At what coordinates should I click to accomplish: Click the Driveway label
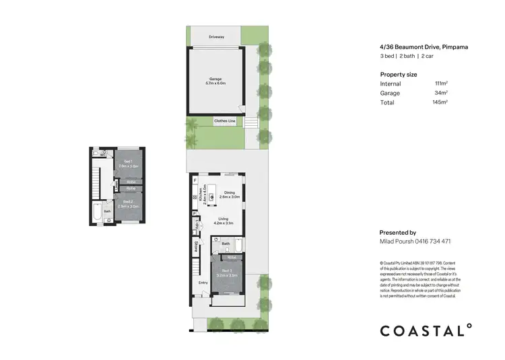tap(216, 36)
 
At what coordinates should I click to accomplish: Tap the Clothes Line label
tap(224, 121)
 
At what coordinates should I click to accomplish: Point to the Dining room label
tap(230, 194)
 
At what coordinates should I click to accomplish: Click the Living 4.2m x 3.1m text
tap(222, 220)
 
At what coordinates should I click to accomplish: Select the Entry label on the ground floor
tap(203, 283)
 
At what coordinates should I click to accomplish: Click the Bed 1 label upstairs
tap(127, 164)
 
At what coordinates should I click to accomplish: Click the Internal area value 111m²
tap(441, 83)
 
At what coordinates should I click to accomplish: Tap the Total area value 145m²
tap(440, 102)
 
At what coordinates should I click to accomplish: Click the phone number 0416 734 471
tap(431, 241)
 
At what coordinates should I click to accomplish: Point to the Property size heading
tap(399, 73)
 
